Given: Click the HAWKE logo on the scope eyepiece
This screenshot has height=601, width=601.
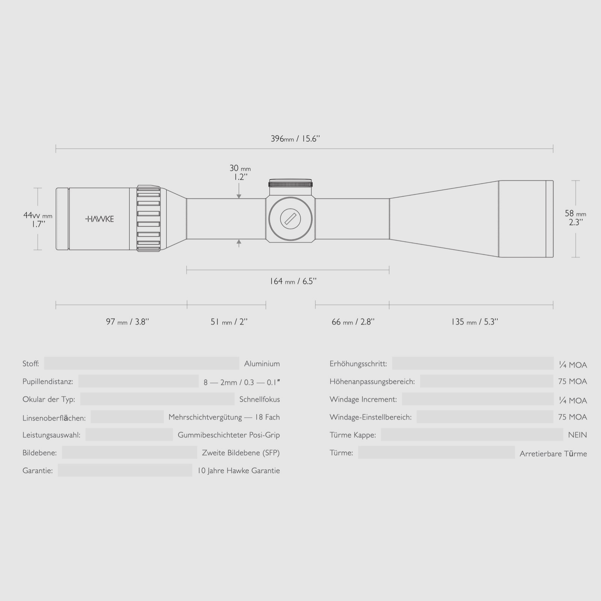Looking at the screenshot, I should (x=100, y=219).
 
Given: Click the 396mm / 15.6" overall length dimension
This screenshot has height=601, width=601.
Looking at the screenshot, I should (x=295, y=139).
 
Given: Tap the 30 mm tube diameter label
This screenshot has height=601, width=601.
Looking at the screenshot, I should (x=240, y=172).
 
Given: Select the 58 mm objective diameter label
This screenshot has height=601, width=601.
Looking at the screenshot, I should (x=575, y=218).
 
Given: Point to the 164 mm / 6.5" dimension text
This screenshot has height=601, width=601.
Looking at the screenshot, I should (x=293, y=281).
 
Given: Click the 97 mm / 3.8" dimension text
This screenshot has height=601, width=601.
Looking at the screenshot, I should (x=127, y=322).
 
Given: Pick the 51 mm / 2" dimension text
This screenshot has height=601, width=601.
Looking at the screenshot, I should (x=229, y=322).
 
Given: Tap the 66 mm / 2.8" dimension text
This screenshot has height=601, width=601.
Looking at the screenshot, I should (x=353, y=322).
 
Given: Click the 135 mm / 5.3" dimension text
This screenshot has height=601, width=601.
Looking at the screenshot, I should (x=474, y=322).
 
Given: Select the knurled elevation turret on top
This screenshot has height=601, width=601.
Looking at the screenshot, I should (x=291, y=184).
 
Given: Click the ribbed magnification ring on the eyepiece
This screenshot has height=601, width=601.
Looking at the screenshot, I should (x=149, y=219).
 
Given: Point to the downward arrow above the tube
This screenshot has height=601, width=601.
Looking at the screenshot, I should (x=239, y=195).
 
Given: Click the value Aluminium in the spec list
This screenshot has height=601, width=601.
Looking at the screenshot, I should (x=262, y=364).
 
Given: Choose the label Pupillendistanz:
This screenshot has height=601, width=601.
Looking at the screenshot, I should (x=48, y=382).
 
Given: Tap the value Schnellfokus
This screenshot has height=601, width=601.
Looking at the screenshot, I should (x=260, y=399).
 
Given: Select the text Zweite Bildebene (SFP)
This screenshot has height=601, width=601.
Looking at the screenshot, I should (x=241, y=453).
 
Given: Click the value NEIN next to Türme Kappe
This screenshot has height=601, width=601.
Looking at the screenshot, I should (x=577, y=435).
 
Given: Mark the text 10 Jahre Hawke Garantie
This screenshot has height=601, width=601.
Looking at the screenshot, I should (x=239, y=471).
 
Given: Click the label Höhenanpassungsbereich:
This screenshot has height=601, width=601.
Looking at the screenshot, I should (x=372, y=382).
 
